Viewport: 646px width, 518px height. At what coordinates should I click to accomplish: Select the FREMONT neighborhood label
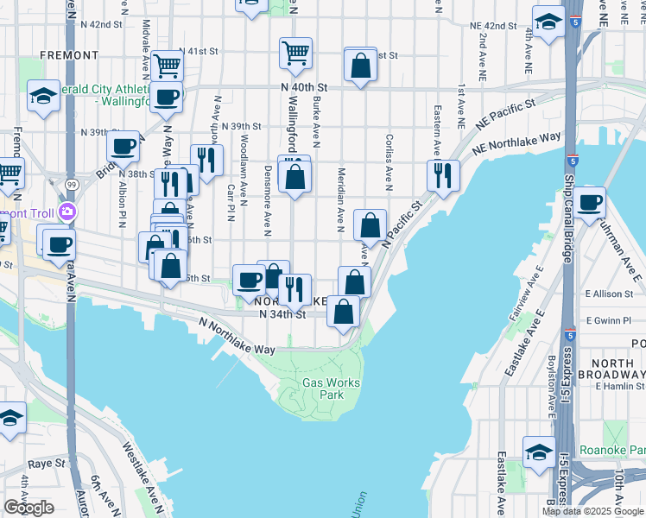point(69,55)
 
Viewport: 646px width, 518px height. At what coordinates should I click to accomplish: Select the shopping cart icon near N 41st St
point(295,54)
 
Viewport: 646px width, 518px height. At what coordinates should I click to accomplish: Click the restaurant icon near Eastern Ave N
point(442,175)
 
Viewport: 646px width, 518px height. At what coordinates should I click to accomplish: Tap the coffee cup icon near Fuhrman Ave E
point(591,203)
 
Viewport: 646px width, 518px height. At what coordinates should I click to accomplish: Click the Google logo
point(28,508)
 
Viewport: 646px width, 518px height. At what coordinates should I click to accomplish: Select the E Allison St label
point(610,294)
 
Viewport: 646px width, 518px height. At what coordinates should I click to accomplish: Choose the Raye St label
point(47,464)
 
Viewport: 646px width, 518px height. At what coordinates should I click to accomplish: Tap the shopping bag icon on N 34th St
point(344,312)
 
